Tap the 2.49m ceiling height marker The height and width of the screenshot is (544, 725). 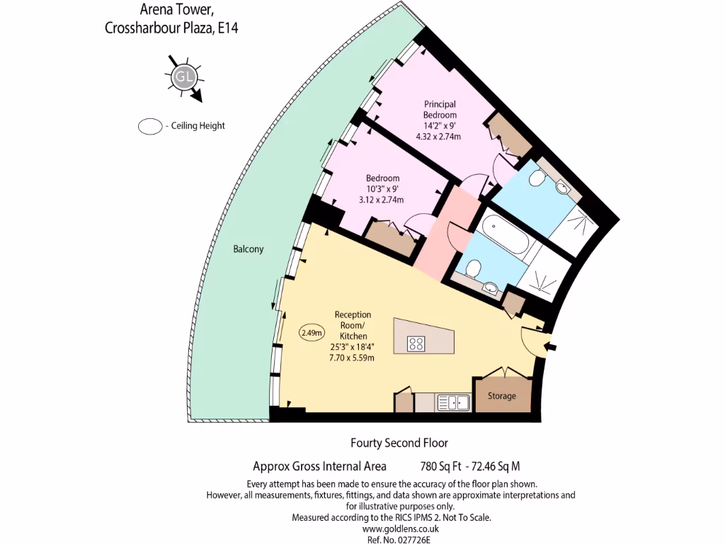312,332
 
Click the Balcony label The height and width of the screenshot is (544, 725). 248,249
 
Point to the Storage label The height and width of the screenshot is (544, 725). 501,396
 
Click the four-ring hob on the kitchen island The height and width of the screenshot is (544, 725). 416,344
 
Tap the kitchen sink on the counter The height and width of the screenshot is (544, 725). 453,403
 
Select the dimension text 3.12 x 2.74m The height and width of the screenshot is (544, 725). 382,200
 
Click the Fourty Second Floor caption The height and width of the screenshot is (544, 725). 399,443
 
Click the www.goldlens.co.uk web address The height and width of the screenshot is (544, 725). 400,528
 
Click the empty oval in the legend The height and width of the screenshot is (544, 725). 149,126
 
